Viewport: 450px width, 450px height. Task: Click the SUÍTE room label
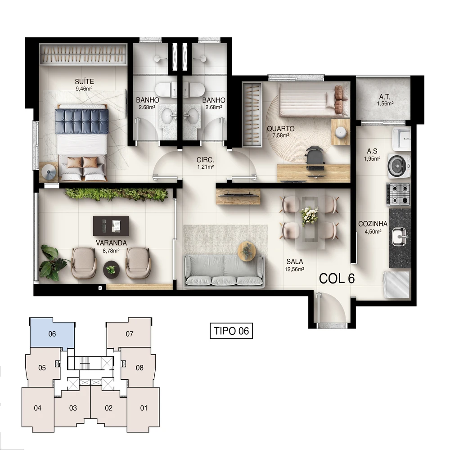85,81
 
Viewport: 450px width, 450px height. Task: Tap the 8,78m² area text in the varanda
111,250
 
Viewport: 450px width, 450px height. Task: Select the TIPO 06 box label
231,331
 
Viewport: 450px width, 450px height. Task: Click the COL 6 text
337,279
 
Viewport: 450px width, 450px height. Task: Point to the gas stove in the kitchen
398,194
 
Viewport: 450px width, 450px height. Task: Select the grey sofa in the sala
224,270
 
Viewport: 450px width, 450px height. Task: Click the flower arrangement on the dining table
309,216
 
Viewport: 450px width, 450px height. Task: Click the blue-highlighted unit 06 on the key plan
53,333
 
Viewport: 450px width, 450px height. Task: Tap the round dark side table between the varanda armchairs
111,270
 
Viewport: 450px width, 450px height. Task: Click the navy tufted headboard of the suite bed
82,121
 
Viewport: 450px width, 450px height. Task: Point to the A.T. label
385,97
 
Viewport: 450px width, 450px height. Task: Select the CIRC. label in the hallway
205,160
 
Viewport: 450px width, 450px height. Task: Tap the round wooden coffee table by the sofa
247,250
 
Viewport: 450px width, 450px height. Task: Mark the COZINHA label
373,224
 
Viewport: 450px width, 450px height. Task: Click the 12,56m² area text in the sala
294,269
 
